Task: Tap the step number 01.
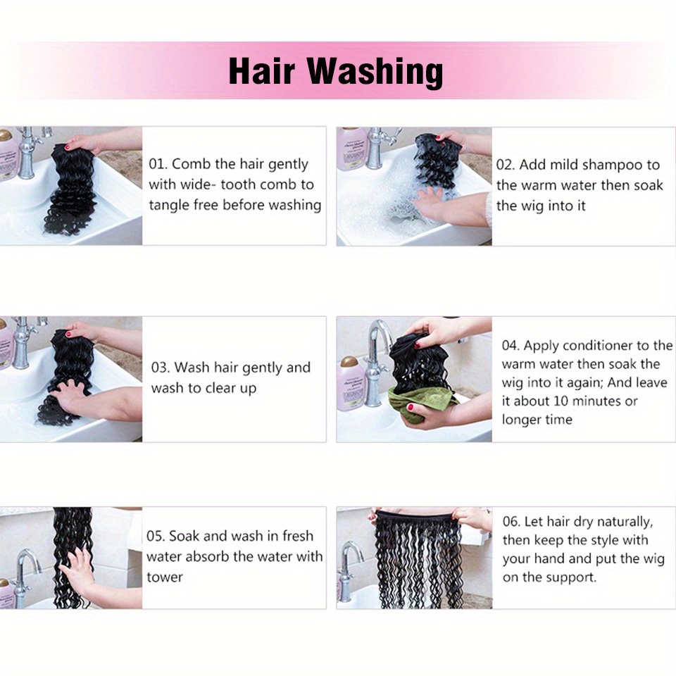158,164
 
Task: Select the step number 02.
506,165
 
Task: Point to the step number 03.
161,368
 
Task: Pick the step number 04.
511,346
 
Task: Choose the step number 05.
156,536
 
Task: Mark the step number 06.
511,522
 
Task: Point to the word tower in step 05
165,577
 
